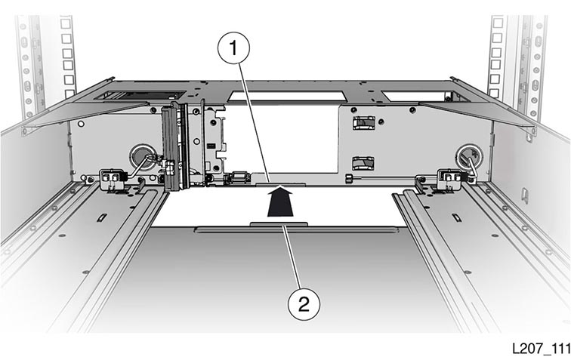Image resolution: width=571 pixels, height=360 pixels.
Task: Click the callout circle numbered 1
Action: coord(234,48)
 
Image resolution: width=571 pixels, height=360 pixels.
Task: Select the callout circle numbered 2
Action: coord(304,304)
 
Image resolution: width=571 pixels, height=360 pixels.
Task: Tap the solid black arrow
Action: coord(280,202)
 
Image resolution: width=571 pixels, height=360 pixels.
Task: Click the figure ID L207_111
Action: coord(541,349)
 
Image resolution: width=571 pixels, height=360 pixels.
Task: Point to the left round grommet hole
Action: coord(142,157)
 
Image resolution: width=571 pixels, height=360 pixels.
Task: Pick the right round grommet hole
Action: coord(470,155)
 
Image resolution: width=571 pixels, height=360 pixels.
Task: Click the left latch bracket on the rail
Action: coord(112,179)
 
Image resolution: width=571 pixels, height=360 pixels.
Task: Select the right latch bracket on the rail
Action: coord(450,179)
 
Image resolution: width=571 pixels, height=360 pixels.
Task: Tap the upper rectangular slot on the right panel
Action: coord(363,123)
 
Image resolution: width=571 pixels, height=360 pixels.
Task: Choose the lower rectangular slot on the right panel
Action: coord(363,164)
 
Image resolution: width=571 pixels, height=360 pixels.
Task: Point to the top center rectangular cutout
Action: coord(286,96)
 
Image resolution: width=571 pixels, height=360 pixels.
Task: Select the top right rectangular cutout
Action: coord(415,96)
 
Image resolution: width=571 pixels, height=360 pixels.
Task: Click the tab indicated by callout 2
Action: coord(279,225)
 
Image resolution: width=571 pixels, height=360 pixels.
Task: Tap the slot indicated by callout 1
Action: coord(280,185)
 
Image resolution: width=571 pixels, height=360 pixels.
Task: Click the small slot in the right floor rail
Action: coord(456,217)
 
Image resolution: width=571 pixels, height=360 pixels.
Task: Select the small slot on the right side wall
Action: coord(525,194)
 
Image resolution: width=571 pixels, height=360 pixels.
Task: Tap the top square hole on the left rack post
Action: coord(66,23)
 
